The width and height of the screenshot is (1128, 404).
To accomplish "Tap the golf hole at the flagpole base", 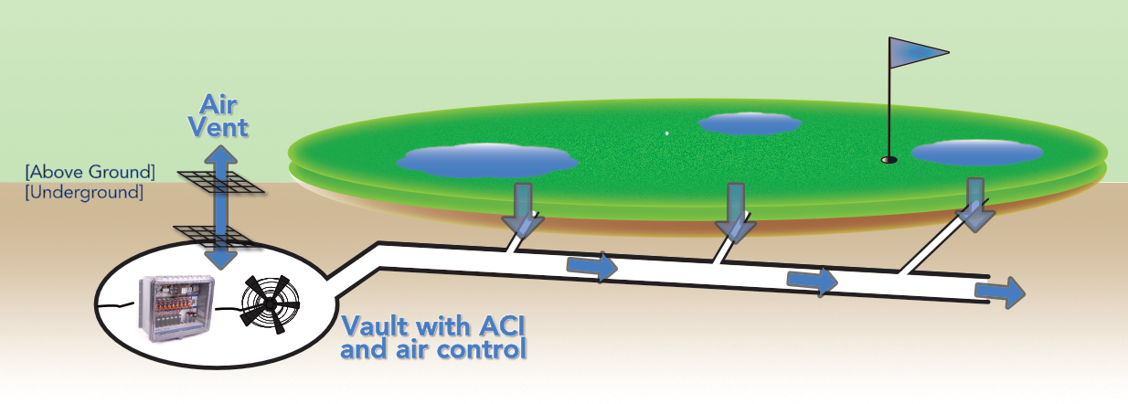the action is (x=889, y=160).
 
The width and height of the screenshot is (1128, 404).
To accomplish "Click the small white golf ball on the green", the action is (x=666, y=133).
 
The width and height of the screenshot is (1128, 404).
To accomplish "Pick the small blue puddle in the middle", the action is (x=747, y=122).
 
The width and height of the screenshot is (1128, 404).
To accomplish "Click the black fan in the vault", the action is (x=269, y=298).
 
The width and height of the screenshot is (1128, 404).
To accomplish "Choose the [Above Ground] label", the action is (x=90, y=171).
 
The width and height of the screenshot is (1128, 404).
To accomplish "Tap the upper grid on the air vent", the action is (x=218, y=182).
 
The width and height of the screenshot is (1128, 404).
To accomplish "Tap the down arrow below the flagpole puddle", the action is (x=975, y=203).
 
